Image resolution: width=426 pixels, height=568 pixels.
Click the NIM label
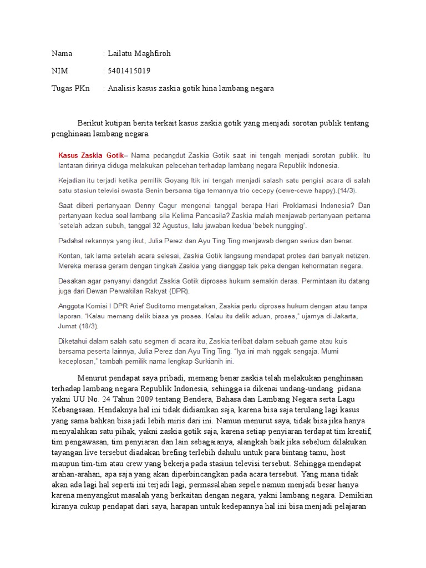[60, 71]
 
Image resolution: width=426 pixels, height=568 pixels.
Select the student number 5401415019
[129, 71]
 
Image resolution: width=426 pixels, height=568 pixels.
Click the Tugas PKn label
[70, 88]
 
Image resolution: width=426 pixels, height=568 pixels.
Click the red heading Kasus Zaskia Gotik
[91, 155]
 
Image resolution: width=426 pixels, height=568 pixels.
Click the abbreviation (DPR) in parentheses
[177, 291]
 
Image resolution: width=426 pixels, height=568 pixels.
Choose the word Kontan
[70, 256]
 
